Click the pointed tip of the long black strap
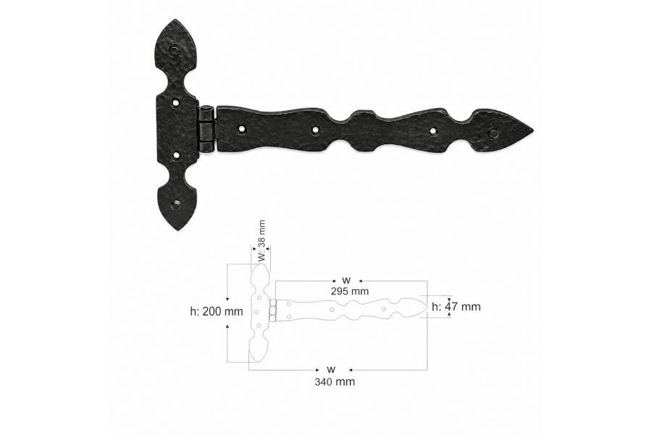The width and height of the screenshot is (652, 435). [x=532, y=131]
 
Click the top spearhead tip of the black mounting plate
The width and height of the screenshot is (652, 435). [x=175, y=20]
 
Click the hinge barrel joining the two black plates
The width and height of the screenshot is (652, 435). [x=206, y=128]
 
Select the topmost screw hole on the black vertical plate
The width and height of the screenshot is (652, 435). [x=174, y=51]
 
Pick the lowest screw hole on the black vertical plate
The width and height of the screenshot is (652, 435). [x=176, y=204]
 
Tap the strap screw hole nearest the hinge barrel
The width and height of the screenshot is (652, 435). [x=241, y=130]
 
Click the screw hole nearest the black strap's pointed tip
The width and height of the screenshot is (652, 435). [x=493, y=133]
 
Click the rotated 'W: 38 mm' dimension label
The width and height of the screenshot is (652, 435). [x=261, y=241]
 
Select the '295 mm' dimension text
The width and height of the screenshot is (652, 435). [x=350, y=291]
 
